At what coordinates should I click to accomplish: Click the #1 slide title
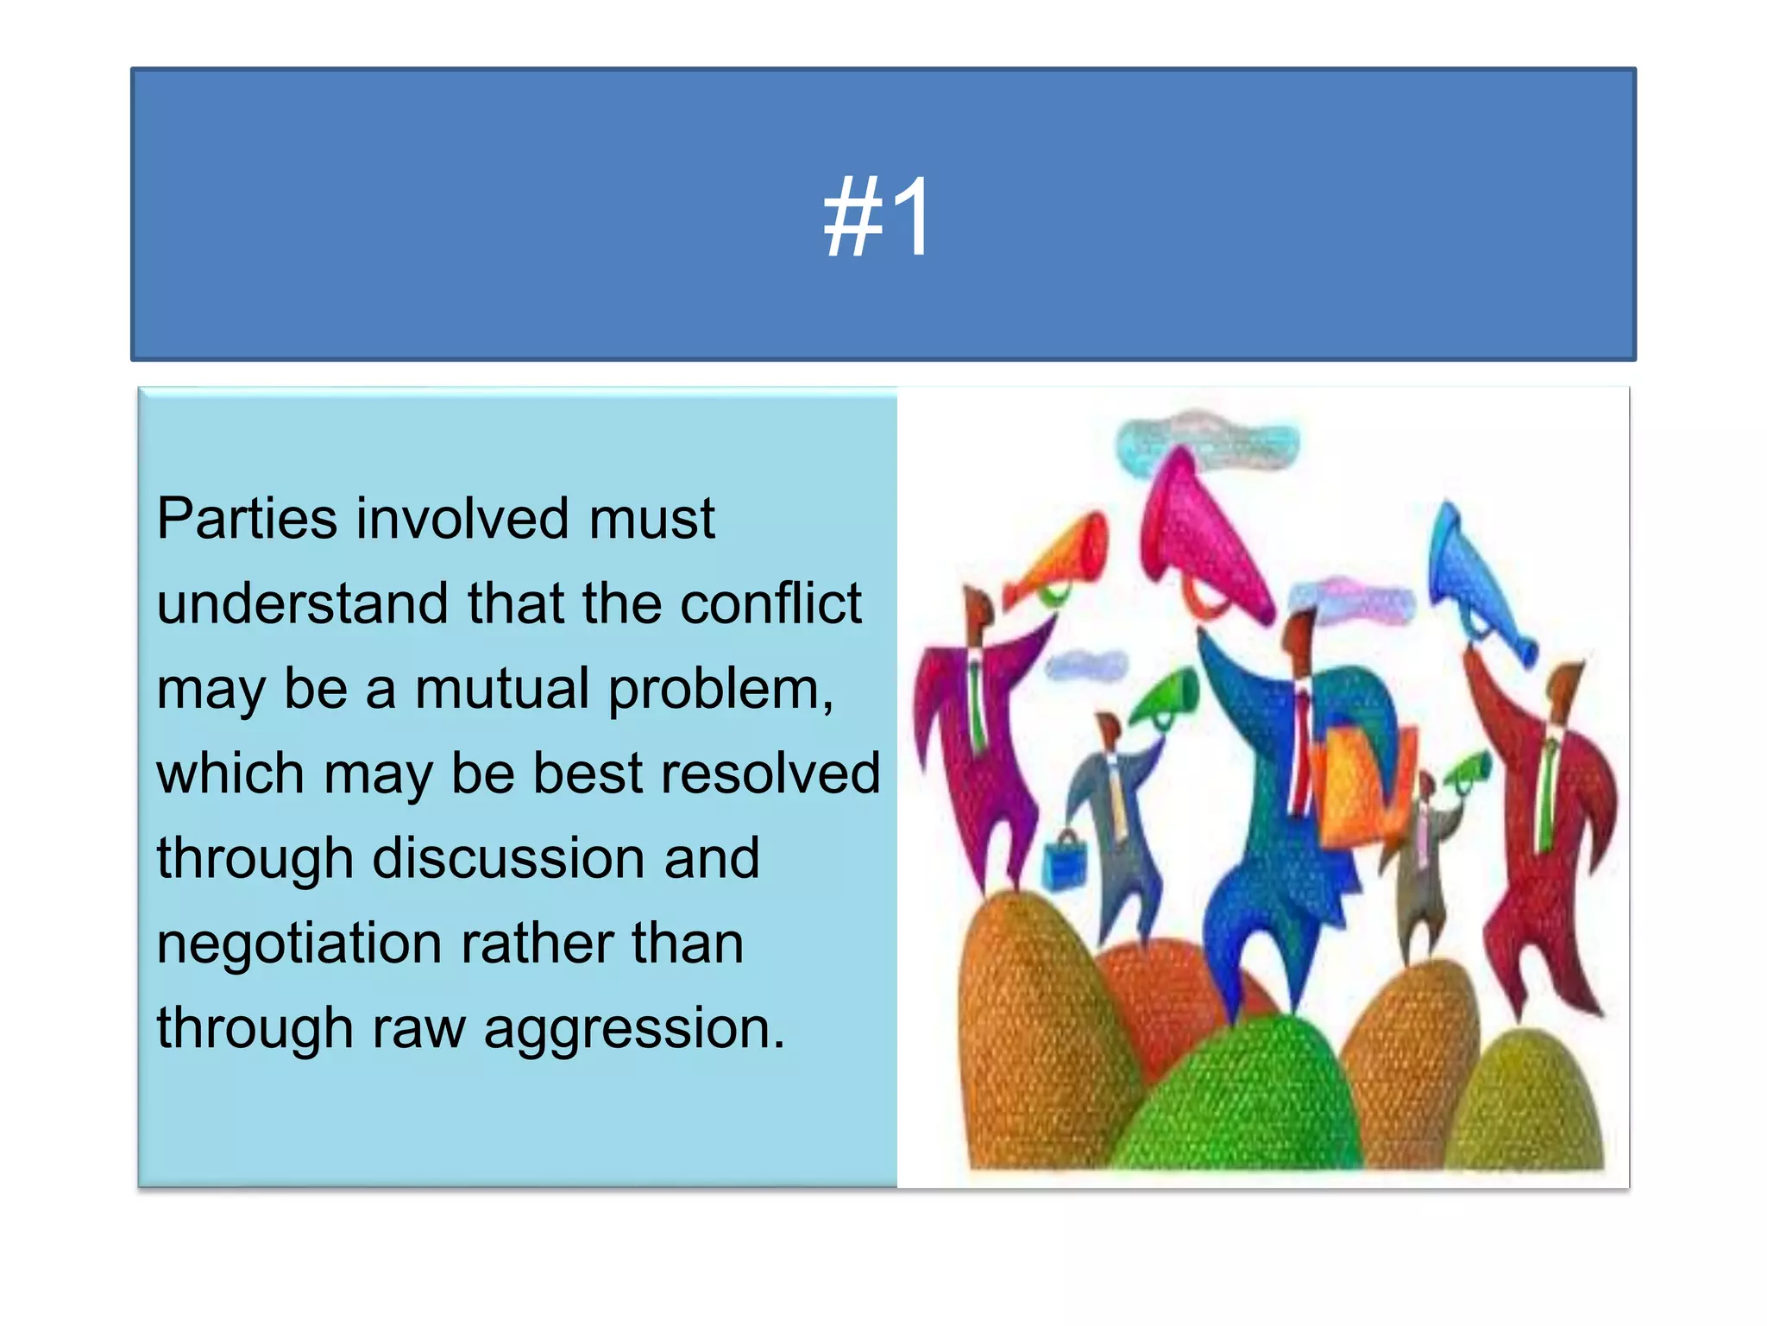tap(877, 216)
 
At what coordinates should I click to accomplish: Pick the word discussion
tap(511, 859)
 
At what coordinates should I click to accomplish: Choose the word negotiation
tap(299, 944)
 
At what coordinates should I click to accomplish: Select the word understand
tap(303, 603)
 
